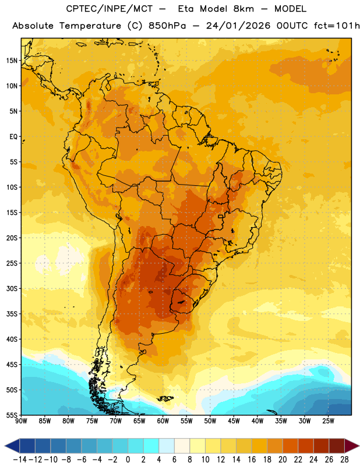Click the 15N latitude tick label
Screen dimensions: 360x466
pos(12,61)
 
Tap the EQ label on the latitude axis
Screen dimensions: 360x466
pos(13,137)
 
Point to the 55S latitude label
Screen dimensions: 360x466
pos(12,415)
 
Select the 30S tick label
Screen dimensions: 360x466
pos(12,288)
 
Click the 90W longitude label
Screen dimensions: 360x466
pos(22,421)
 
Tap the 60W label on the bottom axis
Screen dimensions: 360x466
pos(163,421)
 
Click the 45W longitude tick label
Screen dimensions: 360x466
pos(234,421)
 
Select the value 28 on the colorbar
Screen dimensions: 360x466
pos(344,460)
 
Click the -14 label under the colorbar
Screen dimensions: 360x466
pos(20,460)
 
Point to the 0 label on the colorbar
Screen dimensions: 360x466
pos(128,460)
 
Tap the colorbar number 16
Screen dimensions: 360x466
pos(252,460)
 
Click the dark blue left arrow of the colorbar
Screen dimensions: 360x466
pos(12,446)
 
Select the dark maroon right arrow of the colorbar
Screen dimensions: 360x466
pos(352,446)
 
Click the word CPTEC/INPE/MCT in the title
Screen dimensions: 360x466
pos(109,9)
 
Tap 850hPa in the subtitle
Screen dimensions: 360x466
pos(167,26)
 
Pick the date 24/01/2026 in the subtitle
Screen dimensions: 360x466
pos(238,26)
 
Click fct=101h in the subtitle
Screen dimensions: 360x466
pos(337,26)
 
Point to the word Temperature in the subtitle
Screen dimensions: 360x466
pos(90,26)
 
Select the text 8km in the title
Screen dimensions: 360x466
pos(243,9)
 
